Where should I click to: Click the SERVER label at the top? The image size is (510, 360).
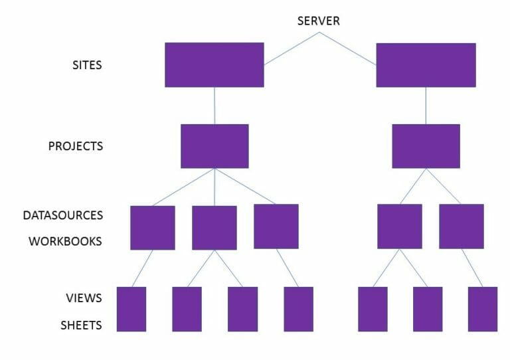coord(318,21)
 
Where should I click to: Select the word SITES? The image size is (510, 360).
coord(87,65)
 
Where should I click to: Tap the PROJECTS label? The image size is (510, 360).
coord(76,145)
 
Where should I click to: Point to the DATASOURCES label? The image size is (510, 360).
coord(63,215)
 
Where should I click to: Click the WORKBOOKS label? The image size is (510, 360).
coord(65,241)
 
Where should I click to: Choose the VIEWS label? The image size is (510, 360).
coord(84,298)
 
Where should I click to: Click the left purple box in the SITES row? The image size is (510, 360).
coord(214,65)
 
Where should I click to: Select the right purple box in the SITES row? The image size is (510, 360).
coord(426,65)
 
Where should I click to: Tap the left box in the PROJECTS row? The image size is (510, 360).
coord(214,146)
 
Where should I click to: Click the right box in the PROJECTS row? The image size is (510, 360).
coord(426,146)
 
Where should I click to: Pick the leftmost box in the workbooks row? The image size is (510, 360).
coord(152,228)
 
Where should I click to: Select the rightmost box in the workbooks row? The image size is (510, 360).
coord(461,226)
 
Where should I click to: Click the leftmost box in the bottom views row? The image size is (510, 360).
coord(131,309)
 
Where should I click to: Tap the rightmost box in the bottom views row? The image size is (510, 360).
coord(482,309)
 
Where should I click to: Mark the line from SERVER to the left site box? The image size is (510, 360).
coord(291,48)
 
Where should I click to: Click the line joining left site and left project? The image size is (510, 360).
coord(214,106)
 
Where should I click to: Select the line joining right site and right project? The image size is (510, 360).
coord(426,106)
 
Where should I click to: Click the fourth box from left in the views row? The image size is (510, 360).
coord(298,309)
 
